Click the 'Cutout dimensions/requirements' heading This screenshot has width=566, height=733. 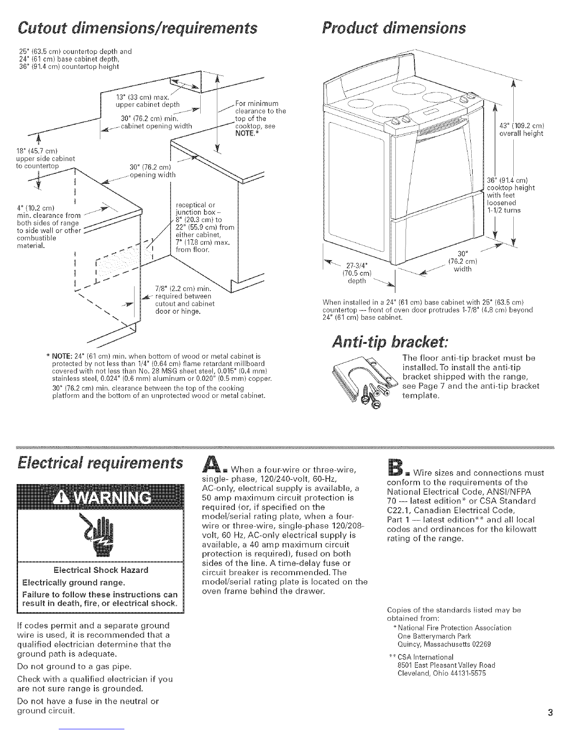point(137,28)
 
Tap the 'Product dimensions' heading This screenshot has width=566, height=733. point(394,28)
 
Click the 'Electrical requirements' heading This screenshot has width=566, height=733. point(100,463)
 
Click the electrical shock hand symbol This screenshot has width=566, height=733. point(100,534)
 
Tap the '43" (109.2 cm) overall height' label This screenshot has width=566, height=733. point(521,130)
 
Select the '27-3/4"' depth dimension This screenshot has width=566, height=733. point(357,265)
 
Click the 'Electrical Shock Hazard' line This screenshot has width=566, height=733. point(101,570)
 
